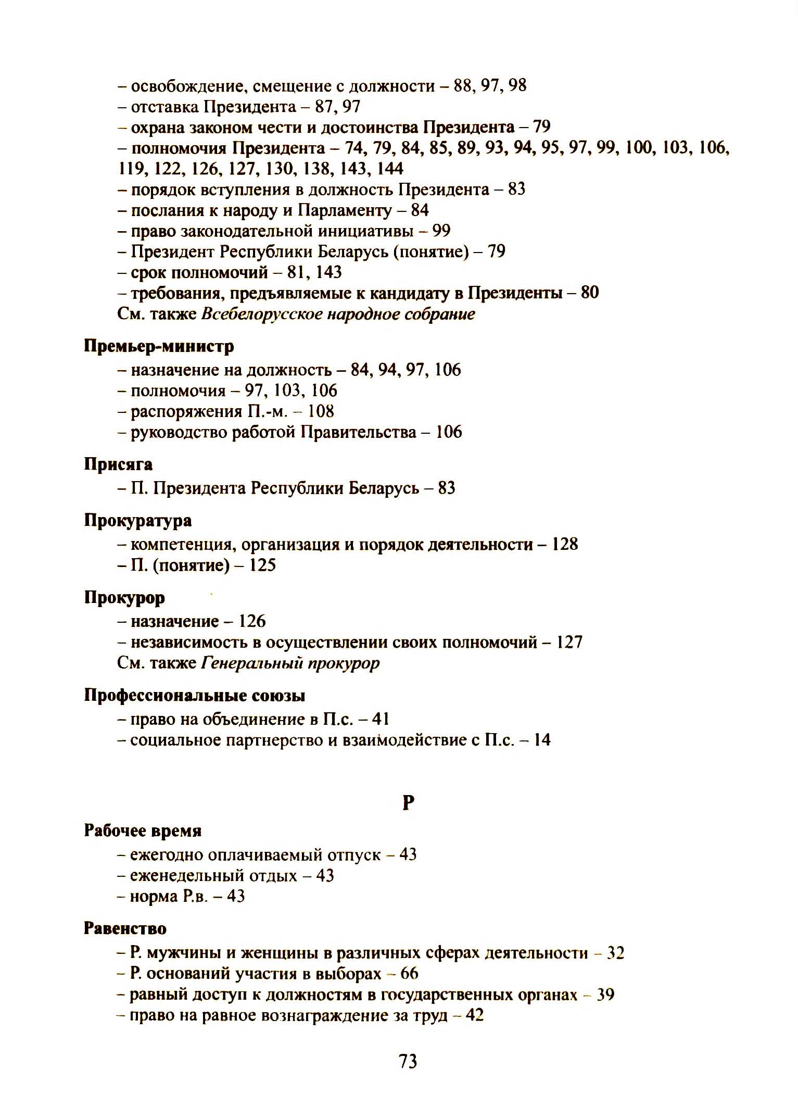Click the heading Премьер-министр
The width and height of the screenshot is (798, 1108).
(159, 346)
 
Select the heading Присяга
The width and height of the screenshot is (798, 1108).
(118, 464)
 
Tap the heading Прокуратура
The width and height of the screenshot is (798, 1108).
(137, 520)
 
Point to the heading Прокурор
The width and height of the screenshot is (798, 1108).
(124, 597)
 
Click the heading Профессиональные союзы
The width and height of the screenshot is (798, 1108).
(195, 695)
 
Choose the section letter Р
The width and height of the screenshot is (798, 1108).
(408, 803)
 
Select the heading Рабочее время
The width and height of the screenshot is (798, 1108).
(143, 830)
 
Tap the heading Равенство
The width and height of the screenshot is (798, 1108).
(125, 928)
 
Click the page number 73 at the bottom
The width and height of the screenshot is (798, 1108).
(408, 1061)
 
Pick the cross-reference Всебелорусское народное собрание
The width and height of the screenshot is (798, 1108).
(337, 314)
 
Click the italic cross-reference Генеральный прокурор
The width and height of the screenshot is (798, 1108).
(290, 663)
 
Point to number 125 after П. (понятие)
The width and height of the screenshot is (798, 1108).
(262, 565)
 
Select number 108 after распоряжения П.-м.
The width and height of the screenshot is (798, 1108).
(321, 411)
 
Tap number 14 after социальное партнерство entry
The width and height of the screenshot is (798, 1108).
(542, 740)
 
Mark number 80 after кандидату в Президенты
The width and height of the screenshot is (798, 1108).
(590, 293)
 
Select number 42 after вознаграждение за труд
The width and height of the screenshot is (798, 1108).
(474, 1015)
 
